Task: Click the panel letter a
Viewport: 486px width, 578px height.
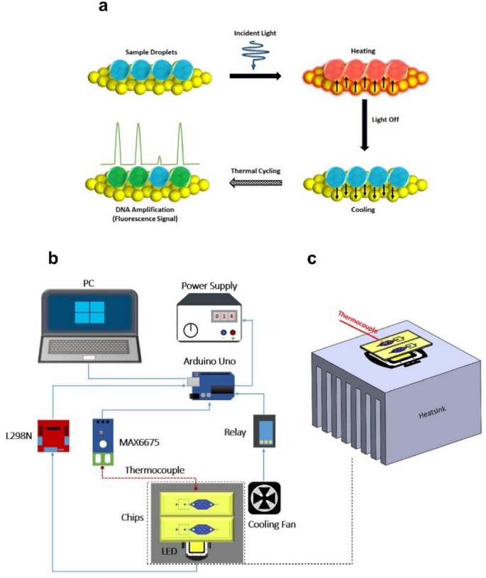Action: [104, 8]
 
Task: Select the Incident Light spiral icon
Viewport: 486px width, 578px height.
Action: [254, 53]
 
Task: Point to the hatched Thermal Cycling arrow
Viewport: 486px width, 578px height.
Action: [253, 184]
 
